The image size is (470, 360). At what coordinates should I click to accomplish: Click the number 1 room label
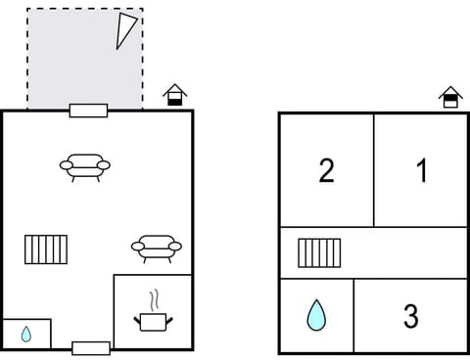tap(422, 171)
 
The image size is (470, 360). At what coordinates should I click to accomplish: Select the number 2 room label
tap(327, 171)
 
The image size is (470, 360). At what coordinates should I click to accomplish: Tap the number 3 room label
tap(411, 316)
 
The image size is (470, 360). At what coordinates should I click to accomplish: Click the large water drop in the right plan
tap(316, 315)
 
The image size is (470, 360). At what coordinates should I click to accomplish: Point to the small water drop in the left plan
tap(26, 334)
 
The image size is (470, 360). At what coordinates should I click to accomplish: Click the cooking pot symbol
tap(153, 320)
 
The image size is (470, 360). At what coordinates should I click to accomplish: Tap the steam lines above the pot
tap(153, 298)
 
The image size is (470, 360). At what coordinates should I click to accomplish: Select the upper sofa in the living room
tap(85, 167)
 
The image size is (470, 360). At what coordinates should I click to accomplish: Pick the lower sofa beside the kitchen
tap(157, 247)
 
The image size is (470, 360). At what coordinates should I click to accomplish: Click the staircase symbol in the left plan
tap(46, 248)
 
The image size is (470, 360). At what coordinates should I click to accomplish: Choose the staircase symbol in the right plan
tap(319, 252)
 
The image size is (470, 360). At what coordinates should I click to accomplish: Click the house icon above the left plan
tap(174, 95)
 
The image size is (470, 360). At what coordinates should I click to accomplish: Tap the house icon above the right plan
tap(450, 96)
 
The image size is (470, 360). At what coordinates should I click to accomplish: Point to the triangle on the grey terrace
tap(125, 30)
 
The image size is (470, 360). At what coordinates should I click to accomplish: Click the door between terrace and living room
tap(88, 111)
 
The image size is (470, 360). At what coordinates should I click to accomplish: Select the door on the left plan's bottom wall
tap(91, 348)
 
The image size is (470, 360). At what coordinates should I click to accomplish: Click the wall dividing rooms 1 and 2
tap(374, 171)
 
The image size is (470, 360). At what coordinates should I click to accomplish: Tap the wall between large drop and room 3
tap(353, 315)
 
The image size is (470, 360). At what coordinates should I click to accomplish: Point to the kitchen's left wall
tap(114, 311)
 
